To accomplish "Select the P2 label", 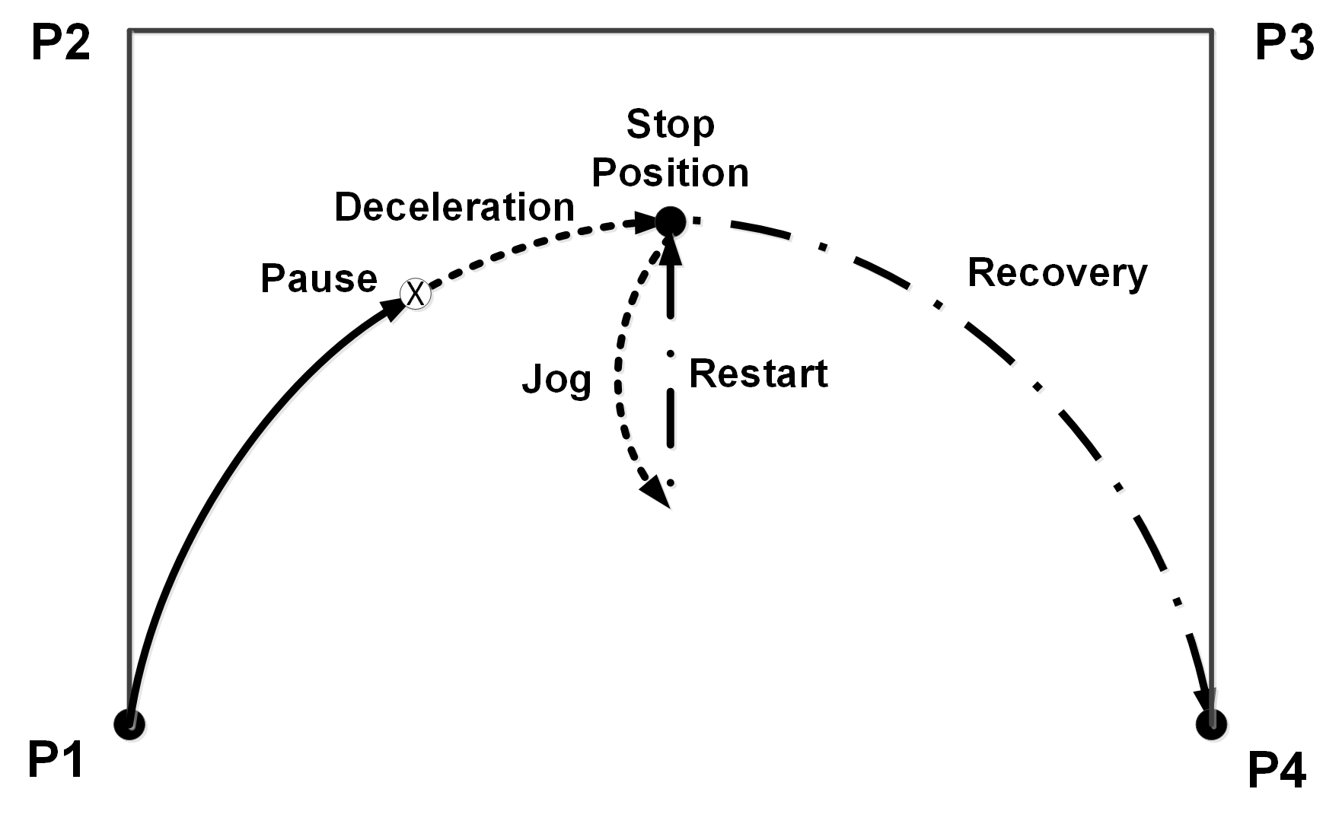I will (x=61, y=43).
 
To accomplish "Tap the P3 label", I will (x=1283, y=43).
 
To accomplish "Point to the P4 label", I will (x=1277, y=771).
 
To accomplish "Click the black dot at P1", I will (x=129, y=723).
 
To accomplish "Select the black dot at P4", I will (x=1211, y=723).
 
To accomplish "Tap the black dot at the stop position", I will (x=671, y=221).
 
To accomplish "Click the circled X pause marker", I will (x=416, y=293).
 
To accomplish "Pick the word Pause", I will (x=318, y=278).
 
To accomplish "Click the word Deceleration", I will (x=454, y=207).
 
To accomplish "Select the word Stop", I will (x=670, y=125).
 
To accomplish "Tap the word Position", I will (x=670, y=173).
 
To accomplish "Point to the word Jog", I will (x=556, y=380).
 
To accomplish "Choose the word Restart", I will (x=758, y=374).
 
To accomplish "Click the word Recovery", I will (x=1057, y=273).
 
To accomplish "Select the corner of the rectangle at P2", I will (x=129, y=30).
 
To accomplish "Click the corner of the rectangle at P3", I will (x=1212, y=30).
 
